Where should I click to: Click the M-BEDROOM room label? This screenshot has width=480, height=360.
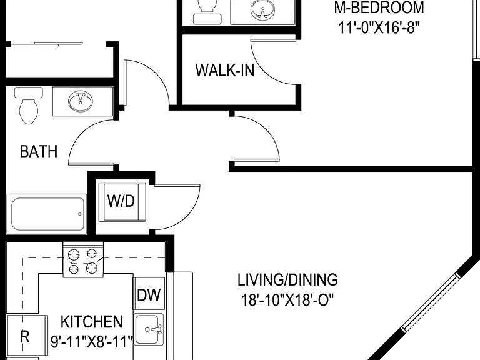379,7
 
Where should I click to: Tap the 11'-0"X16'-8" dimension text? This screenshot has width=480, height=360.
378,28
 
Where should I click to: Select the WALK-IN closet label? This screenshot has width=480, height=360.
225,70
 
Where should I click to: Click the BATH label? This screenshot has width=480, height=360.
39,151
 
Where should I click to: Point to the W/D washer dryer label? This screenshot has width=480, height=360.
121,201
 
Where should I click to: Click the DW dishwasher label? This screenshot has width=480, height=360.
149,295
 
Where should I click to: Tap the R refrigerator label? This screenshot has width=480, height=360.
25,336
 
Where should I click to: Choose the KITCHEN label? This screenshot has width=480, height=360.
91,322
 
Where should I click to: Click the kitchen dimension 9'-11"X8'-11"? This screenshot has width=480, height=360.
92,342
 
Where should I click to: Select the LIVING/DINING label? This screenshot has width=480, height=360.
287,280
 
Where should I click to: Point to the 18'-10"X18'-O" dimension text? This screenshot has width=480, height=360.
287,300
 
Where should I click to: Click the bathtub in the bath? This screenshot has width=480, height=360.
46,214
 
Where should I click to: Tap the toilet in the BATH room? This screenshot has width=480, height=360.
29,105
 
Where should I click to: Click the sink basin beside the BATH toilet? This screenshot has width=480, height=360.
81,101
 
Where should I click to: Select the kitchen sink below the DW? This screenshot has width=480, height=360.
149,329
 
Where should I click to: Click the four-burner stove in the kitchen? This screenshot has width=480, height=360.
83,259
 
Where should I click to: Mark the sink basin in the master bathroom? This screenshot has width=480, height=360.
262,9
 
